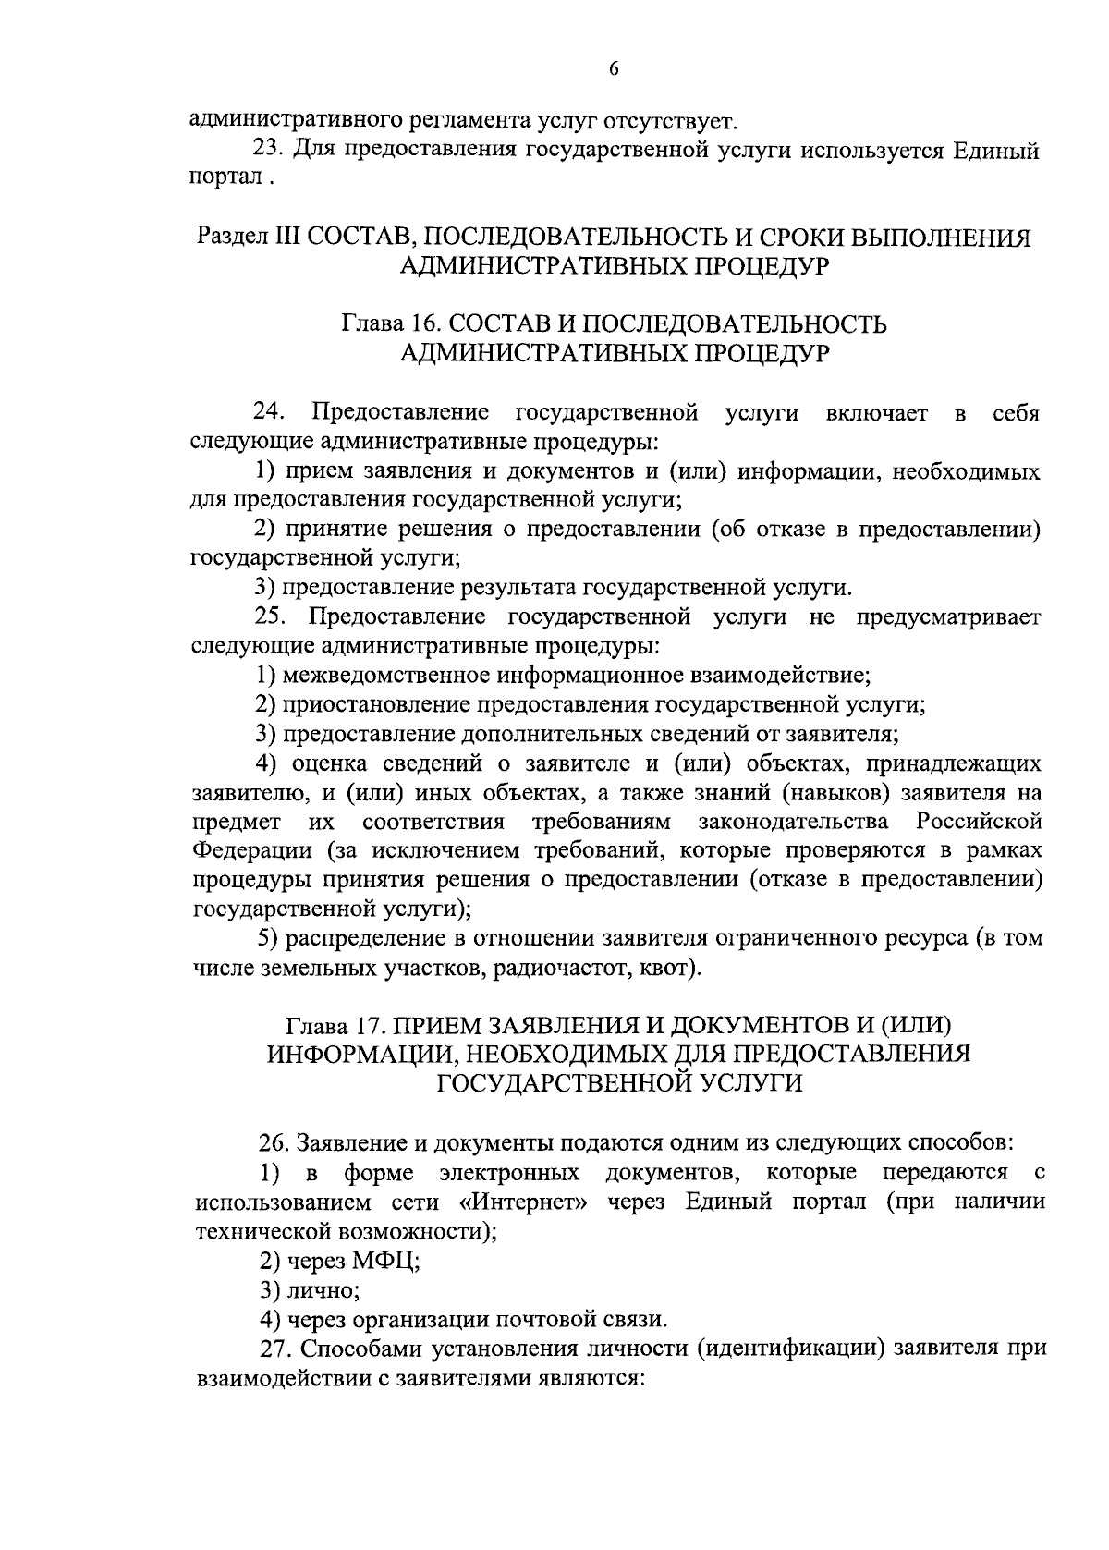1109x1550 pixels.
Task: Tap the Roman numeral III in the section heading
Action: click(x=280, y=237)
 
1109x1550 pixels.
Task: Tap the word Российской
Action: click(x=980, y=821)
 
